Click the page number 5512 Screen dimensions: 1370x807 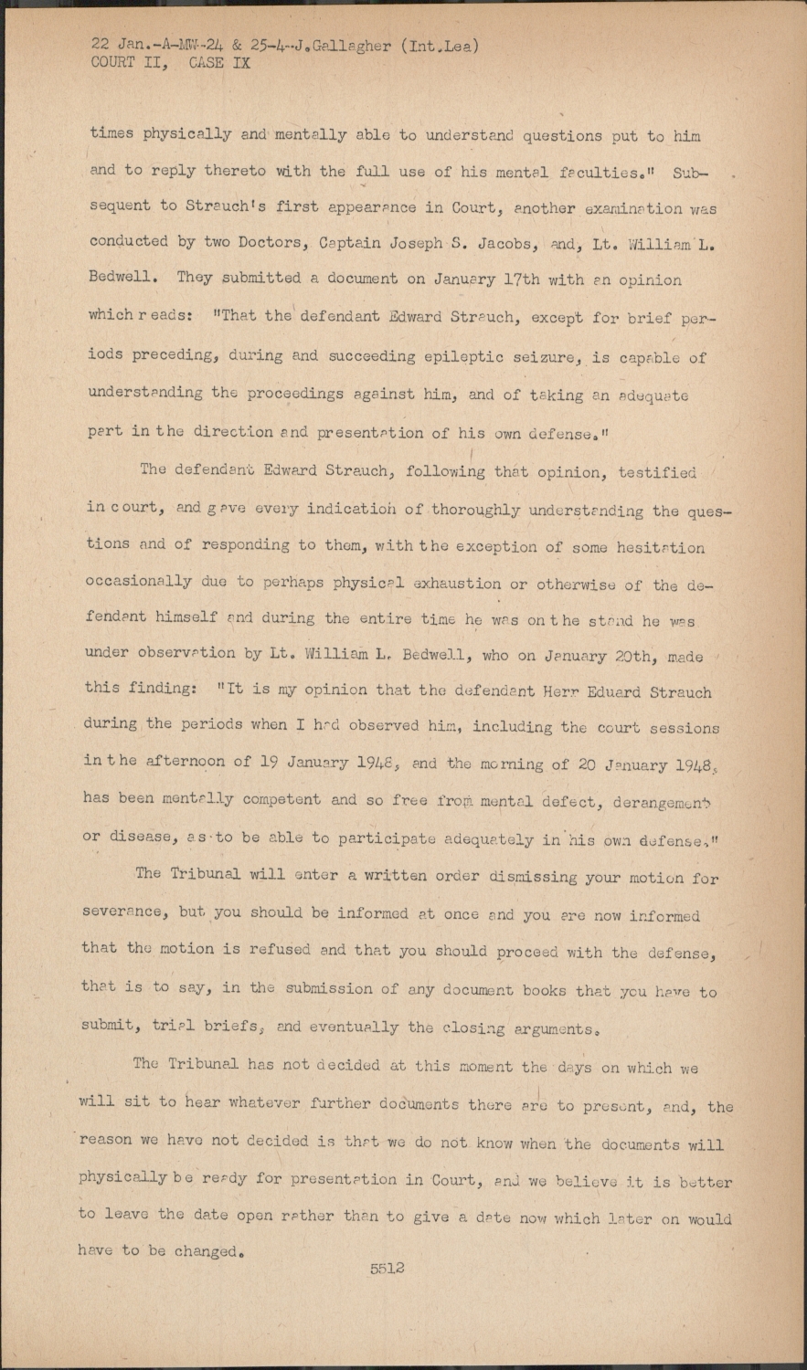tap(387, 1269)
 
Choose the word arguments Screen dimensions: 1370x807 tap(539, 1029)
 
